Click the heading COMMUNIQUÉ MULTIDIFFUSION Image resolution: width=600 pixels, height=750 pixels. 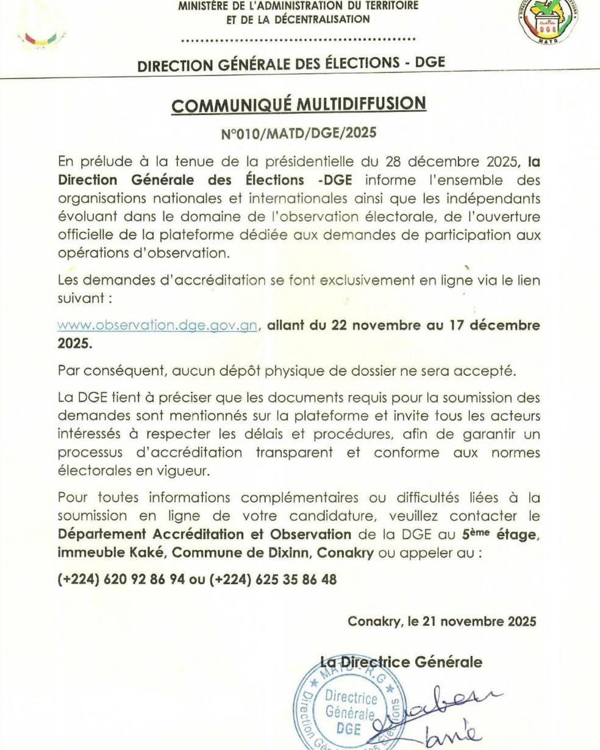click(x=298, y=104)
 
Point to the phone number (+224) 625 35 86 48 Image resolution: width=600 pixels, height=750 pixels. click(x=273, y=579)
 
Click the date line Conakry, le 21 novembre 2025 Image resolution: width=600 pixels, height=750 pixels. click(x=442, y=621)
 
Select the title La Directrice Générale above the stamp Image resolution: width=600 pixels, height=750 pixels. click(x=401, y=662)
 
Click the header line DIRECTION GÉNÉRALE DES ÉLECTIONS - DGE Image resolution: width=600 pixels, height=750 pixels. click(x=291, y=64)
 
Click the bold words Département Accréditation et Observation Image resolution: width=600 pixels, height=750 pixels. click(x=204, y=534)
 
